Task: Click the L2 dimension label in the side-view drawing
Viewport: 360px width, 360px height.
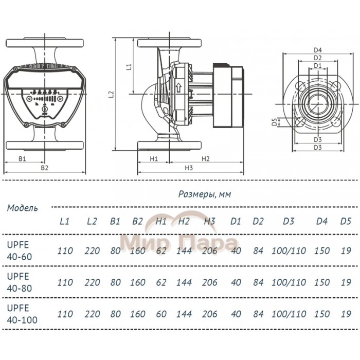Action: coord(111,94)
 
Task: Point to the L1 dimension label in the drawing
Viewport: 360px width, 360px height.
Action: coord(129,66)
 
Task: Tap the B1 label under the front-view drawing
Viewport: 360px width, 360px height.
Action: coord(22,159)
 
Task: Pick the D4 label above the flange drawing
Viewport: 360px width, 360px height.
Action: coord(317,50)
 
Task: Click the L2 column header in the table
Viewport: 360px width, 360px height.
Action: coord(92,222)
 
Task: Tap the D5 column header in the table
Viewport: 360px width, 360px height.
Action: coord(346,222)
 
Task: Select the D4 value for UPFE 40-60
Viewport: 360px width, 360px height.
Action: coord(321,251)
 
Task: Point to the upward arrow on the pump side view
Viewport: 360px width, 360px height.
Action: coord(178,87)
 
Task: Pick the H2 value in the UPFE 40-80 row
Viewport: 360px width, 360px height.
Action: coord(184,283)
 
